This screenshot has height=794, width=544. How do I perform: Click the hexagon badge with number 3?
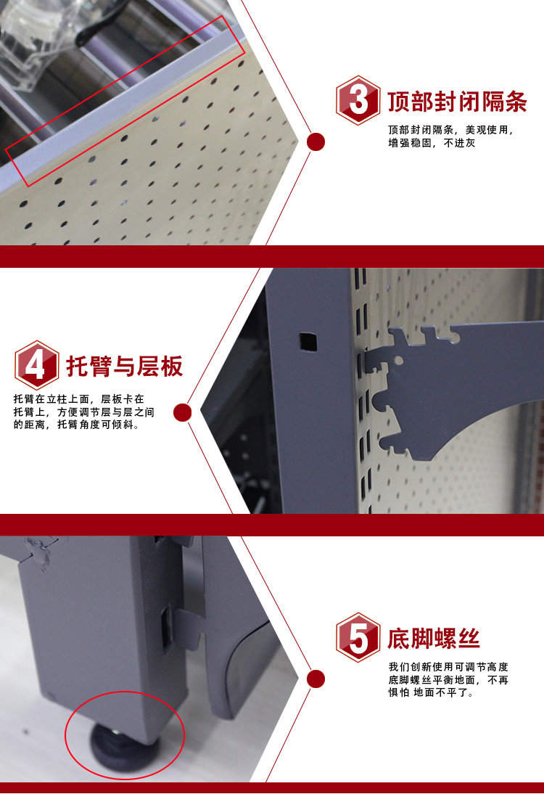pyautogui.click(x=358, y=100)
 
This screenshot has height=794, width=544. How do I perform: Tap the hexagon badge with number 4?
pyautogui.click(x=36, y=365)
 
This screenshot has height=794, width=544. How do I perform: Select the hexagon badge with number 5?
pyautogui.click(x=358, y=637)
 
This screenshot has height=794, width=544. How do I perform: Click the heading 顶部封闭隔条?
pyautogui.click(x=457, y=102)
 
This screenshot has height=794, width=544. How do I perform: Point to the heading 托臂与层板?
pyautogui.click(x=125, y=366)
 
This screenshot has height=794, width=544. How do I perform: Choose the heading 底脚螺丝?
pyautogui.click(x=434, y=639)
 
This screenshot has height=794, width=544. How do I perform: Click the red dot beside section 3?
pyautogui.click(x=316, y=142)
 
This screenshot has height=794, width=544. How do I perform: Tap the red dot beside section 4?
pyautogui.click(x=182, y=413)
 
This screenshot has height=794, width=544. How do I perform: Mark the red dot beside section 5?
pyautogui.click(x=316, y=679)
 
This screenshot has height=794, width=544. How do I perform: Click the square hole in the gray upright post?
pyautogui.click(x=308, y=342)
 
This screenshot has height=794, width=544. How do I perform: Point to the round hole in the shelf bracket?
pyautogui.click(x=399, y=361)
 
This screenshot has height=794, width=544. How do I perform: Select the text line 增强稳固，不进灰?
pyautogui.click(x=432, y=143)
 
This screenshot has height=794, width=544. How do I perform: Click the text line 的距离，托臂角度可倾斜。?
pyautogui.click(x=76, y=425)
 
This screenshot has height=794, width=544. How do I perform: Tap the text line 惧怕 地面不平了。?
pyautogui.click(x=431, y=692)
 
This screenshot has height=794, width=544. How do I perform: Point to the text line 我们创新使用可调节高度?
pyautogui.click(x=448, y=667)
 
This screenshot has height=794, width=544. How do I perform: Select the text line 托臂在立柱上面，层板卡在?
pyautogui.click(x=79, y=399)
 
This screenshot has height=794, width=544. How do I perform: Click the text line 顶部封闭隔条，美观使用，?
pyautogui.click(x=451, y=130)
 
